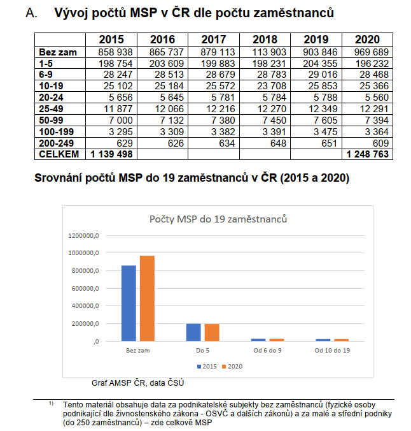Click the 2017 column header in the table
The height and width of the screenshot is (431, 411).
(214, 40)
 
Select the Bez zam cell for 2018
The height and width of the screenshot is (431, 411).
(269, 52)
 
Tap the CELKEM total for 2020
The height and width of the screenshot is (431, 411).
(367, 154)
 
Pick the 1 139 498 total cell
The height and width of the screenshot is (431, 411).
(111, 154)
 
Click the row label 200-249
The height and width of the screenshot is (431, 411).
(56, 143)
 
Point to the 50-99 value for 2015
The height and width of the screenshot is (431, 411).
(120, 121)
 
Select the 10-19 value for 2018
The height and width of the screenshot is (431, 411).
(271, 86)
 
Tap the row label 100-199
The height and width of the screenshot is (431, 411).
(56, 132)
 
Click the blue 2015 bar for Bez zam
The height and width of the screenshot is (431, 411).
(129, 303)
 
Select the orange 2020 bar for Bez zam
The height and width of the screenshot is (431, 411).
(147, 298)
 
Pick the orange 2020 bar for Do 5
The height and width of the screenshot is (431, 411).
(212, 333)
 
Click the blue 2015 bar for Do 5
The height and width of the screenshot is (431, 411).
(193, 332)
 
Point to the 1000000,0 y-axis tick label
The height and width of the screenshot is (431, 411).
(83, 253)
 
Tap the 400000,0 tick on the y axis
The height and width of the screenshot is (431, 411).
(85, 306)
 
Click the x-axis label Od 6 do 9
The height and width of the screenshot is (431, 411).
(267, 351)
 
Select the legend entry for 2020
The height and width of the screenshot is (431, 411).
(232, 367)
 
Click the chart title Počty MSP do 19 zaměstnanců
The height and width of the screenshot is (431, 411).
(218, 219)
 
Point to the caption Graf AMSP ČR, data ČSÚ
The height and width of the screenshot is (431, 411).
(137, 383)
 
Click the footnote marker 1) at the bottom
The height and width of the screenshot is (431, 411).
(52, 403)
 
